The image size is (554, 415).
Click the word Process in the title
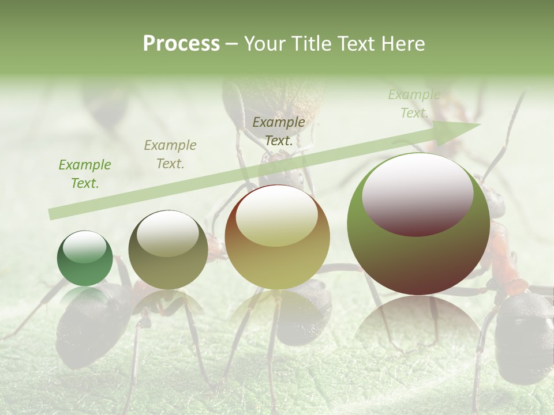click(x=181, y=44)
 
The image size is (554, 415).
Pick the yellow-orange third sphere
click(x=277, y=237)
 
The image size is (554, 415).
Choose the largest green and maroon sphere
click(x=418, y=225)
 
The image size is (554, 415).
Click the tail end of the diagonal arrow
click(x=52, y=214)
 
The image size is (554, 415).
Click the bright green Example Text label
click(x=85, y=173)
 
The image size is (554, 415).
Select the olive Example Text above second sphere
click(x=170, y=154)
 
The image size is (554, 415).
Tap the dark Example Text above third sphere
click(x=279, y=131)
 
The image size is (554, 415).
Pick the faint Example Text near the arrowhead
click(x=414, y=104)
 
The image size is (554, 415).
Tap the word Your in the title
click(x=267, y=44)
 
